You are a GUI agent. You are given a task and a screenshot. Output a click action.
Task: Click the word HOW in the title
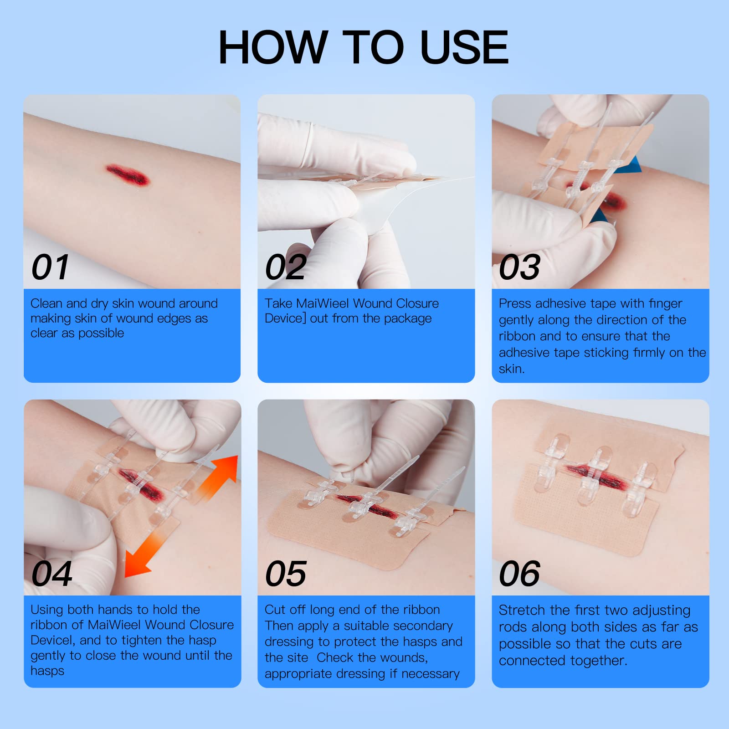[273, 47]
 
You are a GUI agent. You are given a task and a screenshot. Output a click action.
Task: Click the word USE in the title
[464, 47]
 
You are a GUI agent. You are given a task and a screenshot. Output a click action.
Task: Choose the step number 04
[52, 574]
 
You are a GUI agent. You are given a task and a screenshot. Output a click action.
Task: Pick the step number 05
[286, 574]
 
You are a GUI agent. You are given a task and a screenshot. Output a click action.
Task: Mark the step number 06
[520, 574]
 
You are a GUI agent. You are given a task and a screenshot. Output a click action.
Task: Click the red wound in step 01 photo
[128, 175]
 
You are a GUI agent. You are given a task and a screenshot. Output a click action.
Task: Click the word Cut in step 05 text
[275, 610]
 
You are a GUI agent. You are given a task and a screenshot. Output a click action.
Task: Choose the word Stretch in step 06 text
[522, 610]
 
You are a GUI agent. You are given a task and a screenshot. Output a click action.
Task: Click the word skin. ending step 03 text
[512, 369]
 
